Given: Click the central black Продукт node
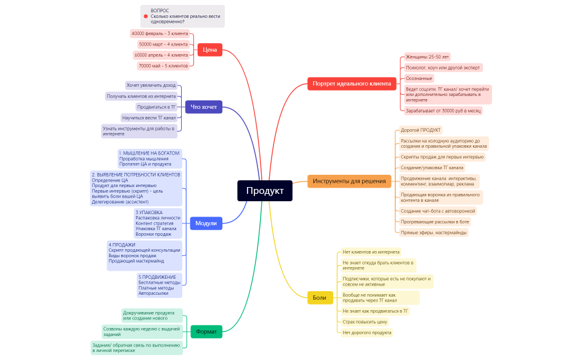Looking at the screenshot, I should (x=265, y=191).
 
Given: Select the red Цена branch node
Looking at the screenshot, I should (x=209, y=49).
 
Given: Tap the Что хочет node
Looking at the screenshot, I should (x=204, y=107).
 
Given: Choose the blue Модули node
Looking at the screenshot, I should (x=206, y=223).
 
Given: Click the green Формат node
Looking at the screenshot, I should (x=206, y=331).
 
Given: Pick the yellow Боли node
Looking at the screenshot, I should (x=320, y=297).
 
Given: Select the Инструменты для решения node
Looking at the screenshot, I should (x=349, y=181).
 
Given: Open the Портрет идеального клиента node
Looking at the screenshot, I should (x=351, y=84).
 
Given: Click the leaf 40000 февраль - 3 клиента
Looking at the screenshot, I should (x=160, y=33).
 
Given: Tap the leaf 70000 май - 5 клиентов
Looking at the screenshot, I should (x=163, y=65).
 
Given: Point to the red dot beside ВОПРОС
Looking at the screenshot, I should (x=146, y=16).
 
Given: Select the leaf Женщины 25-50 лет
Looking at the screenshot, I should (x=427, y=57).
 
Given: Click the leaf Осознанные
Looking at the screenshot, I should (x=419, y=78).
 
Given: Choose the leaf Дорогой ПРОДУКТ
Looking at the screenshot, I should (x=421, y=130).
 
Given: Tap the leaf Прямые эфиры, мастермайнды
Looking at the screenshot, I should (x=433, y=233).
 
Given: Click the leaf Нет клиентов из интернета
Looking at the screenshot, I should (x=371, y=252).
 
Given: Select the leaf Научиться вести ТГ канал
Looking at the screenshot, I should (x=149, y=118).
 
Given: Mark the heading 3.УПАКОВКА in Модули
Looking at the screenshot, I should (x=151, y=212).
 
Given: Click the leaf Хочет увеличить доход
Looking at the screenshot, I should (x=151, y=85).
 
